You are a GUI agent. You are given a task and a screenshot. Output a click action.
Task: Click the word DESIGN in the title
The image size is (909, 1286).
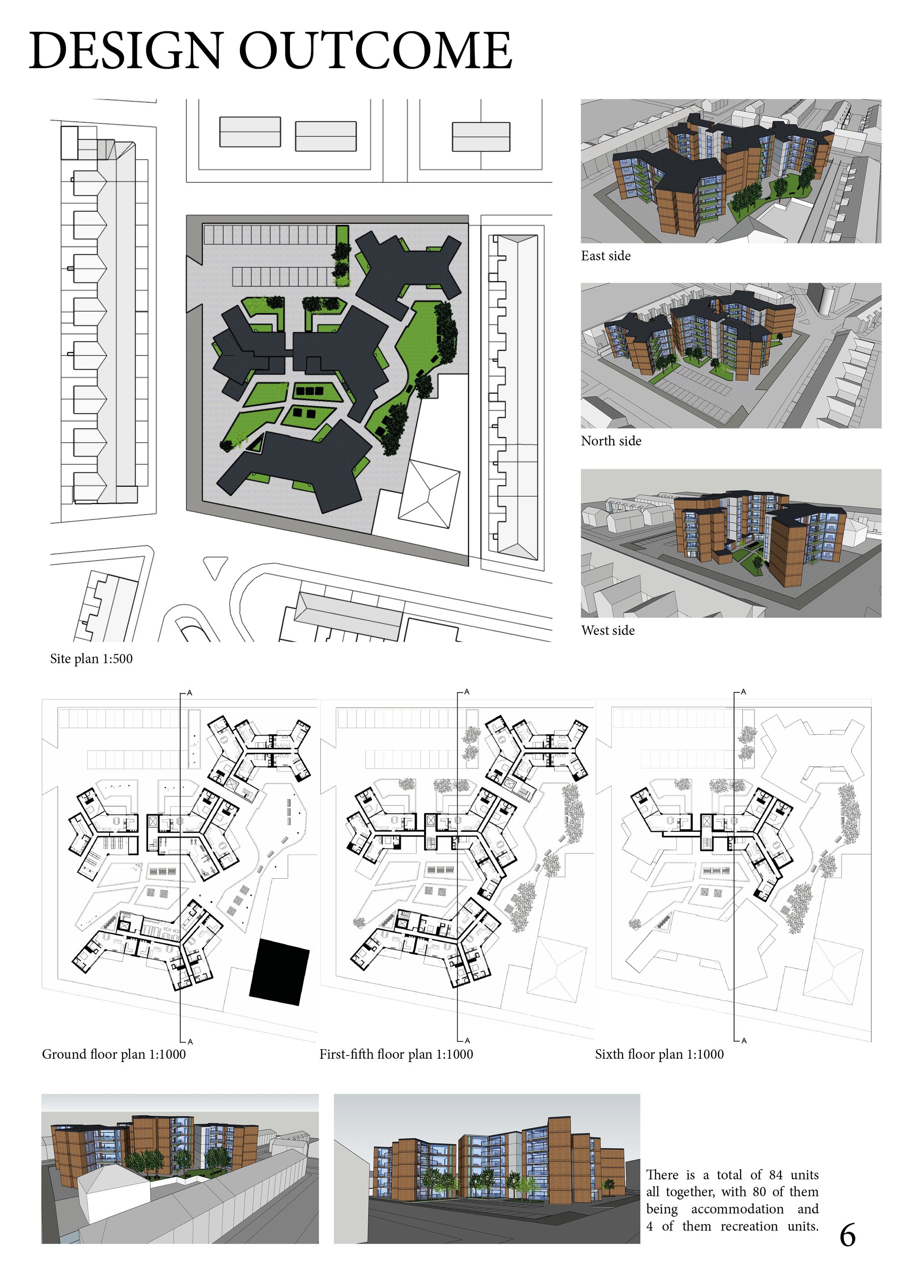[126, 50]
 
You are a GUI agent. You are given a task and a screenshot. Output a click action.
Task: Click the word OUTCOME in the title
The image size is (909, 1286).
[376, 50]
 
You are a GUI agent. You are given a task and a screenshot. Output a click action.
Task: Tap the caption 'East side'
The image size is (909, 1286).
[605, 256]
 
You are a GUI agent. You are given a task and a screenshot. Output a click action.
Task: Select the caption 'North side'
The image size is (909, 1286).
[611, 441]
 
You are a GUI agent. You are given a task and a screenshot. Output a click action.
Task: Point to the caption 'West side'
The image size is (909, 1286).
[608, 630]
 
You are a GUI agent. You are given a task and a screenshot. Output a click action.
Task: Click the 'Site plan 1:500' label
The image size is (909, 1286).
[91, 659]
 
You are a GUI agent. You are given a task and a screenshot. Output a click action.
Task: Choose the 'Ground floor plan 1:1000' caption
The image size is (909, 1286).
[114, 1055]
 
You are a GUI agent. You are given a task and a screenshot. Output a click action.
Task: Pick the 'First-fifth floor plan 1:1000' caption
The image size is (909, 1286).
[396, 1055]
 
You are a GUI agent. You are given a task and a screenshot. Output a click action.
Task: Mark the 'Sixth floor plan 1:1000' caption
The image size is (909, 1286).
[659, 1055]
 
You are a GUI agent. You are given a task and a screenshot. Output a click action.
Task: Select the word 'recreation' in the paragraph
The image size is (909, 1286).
[749, 1226]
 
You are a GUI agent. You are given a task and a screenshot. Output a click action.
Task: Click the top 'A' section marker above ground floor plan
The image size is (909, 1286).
[190, 693]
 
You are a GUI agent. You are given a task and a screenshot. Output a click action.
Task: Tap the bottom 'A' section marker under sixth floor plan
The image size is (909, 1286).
[744, 1041]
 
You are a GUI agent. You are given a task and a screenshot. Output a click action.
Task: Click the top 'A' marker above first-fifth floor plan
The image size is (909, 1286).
[466, 692]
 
